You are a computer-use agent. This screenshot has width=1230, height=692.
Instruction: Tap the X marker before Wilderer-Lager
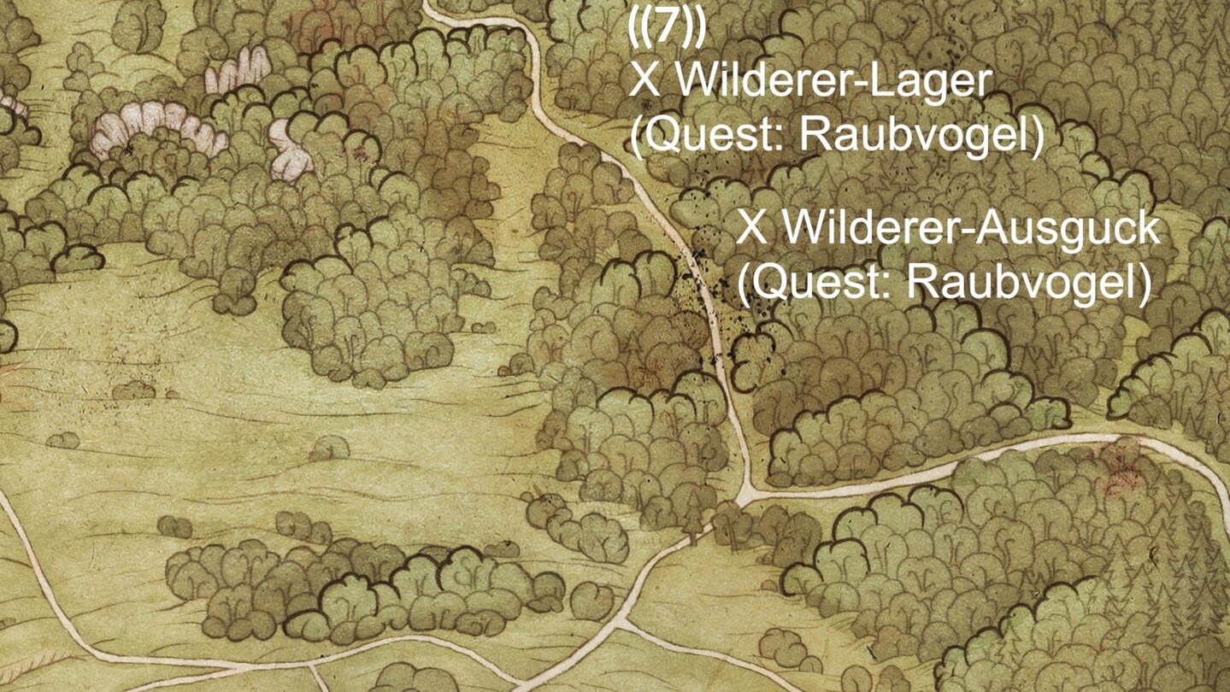pyautogui.click(x=643, y=82)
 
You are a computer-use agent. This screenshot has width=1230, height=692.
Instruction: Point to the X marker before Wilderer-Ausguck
pyautogui.click(x=751, y=228)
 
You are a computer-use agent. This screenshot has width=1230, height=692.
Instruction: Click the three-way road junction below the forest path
pyautogui.click(x=746, y=495)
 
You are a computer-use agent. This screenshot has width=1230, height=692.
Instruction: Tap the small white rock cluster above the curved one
pyautogui.click(x=238, y=70)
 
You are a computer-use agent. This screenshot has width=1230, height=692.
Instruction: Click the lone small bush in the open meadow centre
pyautogui.click(x=329, y=447)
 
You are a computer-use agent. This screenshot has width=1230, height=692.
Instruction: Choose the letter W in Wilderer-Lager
pyautogui.click(x=694, y=82)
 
